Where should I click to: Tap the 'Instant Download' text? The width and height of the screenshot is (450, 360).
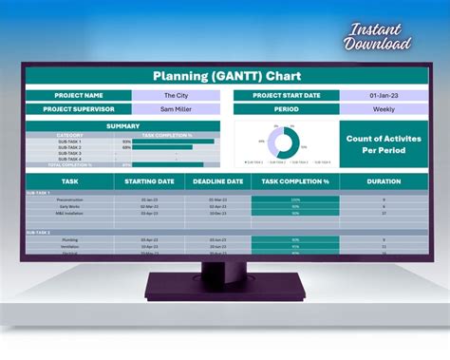[378, 36]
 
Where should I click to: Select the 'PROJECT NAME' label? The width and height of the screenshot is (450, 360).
[79, 95]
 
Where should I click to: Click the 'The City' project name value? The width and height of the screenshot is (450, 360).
[176, 95]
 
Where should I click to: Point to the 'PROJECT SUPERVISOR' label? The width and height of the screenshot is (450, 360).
[79, 108]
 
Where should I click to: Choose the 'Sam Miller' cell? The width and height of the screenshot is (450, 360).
[176, 108]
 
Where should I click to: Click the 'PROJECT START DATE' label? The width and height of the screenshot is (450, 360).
[287, 95]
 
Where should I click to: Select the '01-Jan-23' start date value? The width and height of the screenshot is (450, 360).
[383, 95]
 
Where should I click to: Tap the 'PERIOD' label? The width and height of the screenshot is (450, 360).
[287, 108]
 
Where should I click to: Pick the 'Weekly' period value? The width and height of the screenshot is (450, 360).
[383, 108]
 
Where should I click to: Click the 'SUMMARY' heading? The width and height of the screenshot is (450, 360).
[122, 125]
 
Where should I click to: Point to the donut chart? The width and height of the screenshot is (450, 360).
[283, 142]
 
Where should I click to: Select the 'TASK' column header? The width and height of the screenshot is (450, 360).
[69, 180]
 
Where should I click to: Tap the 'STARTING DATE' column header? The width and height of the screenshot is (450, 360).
[149, 180]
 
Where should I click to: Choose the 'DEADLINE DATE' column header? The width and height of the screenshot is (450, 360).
[217, 180]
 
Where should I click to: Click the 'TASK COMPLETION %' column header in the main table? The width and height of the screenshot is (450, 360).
[295, 180]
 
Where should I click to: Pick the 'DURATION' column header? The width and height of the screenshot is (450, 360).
[383, 180]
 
